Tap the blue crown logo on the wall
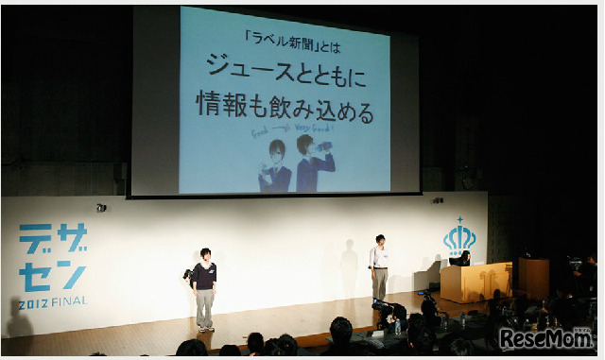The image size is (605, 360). pos(459,236)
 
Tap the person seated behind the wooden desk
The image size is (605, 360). pos(463,258)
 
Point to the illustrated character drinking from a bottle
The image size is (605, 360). pos(313,163)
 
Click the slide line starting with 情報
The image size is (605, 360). pos(285,105)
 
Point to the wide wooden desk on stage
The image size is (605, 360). pos(475,282)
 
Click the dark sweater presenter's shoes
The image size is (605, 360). pos(204,328)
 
